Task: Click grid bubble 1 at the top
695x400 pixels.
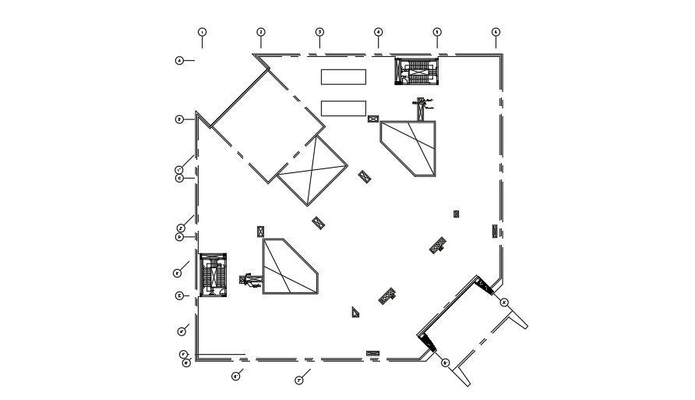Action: click(x=202, y=32)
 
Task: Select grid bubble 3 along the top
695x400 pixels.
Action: click(x=319, y=32)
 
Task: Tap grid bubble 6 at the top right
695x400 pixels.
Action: click(x=496, y=32)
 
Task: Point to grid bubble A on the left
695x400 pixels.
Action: click(x=179, y=60)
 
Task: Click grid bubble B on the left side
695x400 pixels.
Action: click(x=179, y=119)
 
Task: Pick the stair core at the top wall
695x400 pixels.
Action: click(x=416, y=70)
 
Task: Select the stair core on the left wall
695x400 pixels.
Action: click(x=212, y=274)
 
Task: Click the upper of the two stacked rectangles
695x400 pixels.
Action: click(x=344, y=76)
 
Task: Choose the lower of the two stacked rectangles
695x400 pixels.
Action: click(x=344, y=108)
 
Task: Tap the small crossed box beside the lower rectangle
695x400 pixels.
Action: click(x=373, y=119)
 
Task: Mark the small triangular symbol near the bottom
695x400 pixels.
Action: click(x=355, y=312)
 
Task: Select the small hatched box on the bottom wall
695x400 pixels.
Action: click(x=372, y=353)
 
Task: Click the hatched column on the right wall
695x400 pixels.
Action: click(x=495, y=230)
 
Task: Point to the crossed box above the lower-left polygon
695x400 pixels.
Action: click(x=260, y=231)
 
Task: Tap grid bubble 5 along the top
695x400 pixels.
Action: click(x=437, y=32)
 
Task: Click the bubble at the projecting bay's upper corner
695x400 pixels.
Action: click(x=504, y=302)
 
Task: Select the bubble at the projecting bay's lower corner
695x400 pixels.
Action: click(x=445, y=363)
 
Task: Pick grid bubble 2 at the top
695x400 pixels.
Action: click(x=261, y=32)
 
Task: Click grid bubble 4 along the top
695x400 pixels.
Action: click(x=378, y=32)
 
